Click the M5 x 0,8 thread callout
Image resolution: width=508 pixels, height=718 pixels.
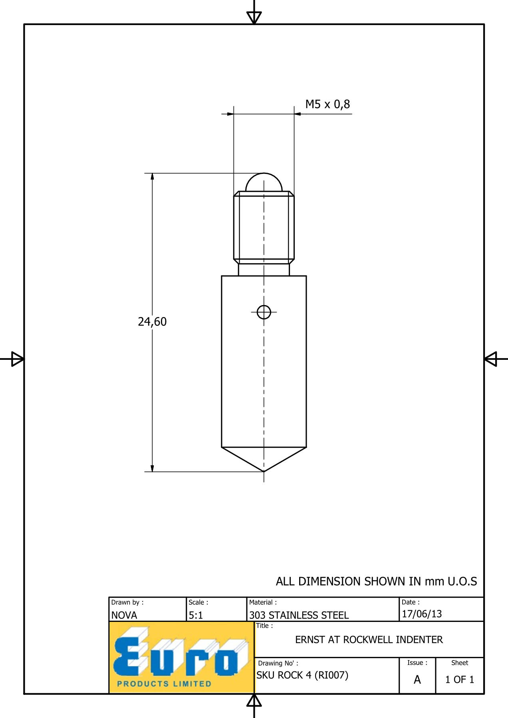click(327, 105)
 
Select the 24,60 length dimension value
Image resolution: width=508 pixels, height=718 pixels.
click(152, 322)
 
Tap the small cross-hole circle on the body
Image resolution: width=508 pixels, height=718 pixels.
click(264, 312)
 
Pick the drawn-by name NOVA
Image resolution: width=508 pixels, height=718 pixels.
click(124, 615)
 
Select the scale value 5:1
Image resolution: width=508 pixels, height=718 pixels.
click(196, 615)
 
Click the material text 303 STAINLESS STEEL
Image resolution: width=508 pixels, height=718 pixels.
click(299, 615)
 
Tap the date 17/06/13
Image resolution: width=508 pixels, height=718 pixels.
click(422, 614)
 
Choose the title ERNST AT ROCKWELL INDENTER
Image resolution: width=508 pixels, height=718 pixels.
click(369, 640)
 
